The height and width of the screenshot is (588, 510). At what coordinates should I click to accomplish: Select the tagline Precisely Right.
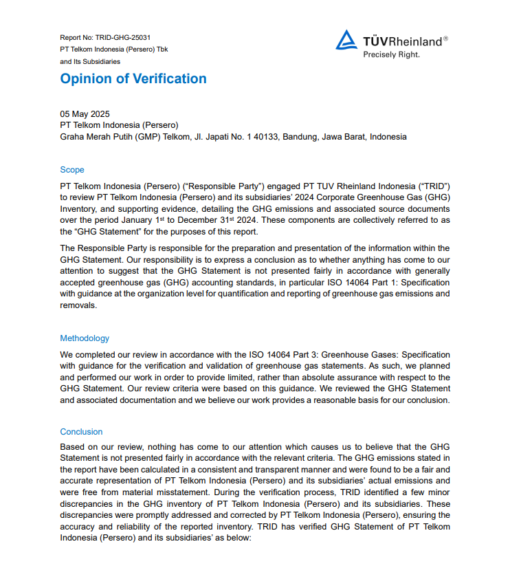point(391,54)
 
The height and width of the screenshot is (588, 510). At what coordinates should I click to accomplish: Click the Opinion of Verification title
point(133,78)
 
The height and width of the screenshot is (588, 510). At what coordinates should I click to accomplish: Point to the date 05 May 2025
point(85,113)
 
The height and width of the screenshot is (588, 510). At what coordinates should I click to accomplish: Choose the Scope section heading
point(72,170)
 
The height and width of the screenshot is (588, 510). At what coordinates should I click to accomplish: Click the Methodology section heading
point(85,338)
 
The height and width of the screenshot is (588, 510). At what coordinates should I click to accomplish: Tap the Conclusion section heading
point(81,432)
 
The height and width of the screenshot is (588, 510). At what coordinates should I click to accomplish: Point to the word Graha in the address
point(73,137)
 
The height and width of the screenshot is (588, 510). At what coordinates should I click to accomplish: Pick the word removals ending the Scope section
point(78,306)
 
